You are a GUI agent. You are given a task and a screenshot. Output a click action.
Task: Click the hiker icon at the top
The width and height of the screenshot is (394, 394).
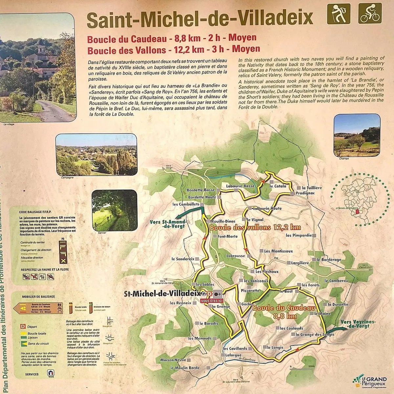coord(339,13)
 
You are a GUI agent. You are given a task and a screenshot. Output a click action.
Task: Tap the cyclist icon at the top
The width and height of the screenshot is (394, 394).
coord(370,13)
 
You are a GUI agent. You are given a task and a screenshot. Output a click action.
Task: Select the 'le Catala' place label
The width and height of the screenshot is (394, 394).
coord(278,186)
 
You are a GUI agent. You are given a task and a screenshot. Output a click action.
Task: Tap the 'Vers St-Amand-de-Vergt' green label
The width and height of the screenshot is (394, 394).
coord(167,224)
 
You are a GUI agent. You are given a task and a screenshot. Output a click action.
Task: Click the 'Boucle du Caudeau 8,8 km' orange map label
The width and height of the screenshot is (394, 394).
coord(284,312)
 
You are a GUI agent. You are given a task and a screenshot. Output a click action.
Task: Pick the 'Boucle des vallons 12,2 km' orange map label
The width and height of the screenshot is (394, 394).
coord(255,227)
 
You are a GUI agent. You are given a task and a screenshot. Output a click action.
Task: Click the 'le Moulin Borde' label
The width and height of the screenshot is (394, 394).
coord(185,368)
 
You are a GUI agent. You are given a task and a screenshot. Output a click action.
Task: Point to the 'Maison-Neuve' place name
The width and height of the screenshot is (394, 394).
coord(173,360)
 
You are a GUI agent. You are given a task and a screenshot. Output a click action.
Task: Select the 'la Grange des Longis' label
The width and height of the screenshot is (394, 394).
coord(315,335)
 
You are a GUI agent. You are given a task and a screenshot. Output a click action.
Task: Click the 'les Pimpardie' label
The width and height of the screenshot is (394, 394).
coord(299,235)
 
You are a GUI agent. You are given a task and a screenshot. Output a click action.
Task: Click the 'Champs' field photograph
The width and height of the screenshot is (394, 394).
coord(357,135)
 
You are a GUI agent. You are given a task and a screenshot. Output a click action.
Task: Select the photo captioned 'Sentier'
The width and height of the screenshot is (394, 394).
coord(114,210)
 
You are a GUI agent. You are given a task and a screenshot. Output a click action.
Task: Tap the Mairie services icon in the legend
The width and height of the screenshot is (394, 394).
coord(51,373)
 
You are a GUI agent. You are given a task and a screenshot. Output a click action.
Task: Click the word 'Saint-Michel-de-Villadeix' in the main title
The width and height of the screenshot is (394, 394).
coord(200,19)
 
